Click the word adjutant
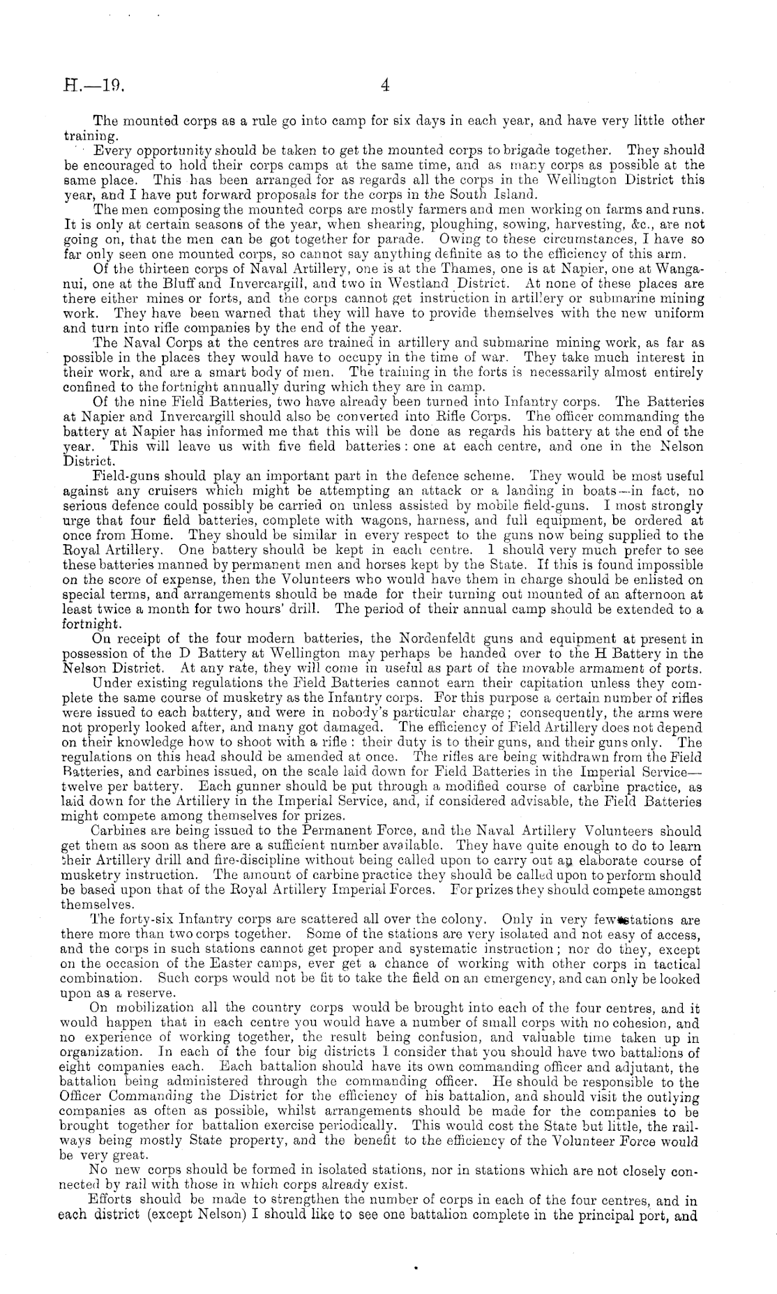651,1068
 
